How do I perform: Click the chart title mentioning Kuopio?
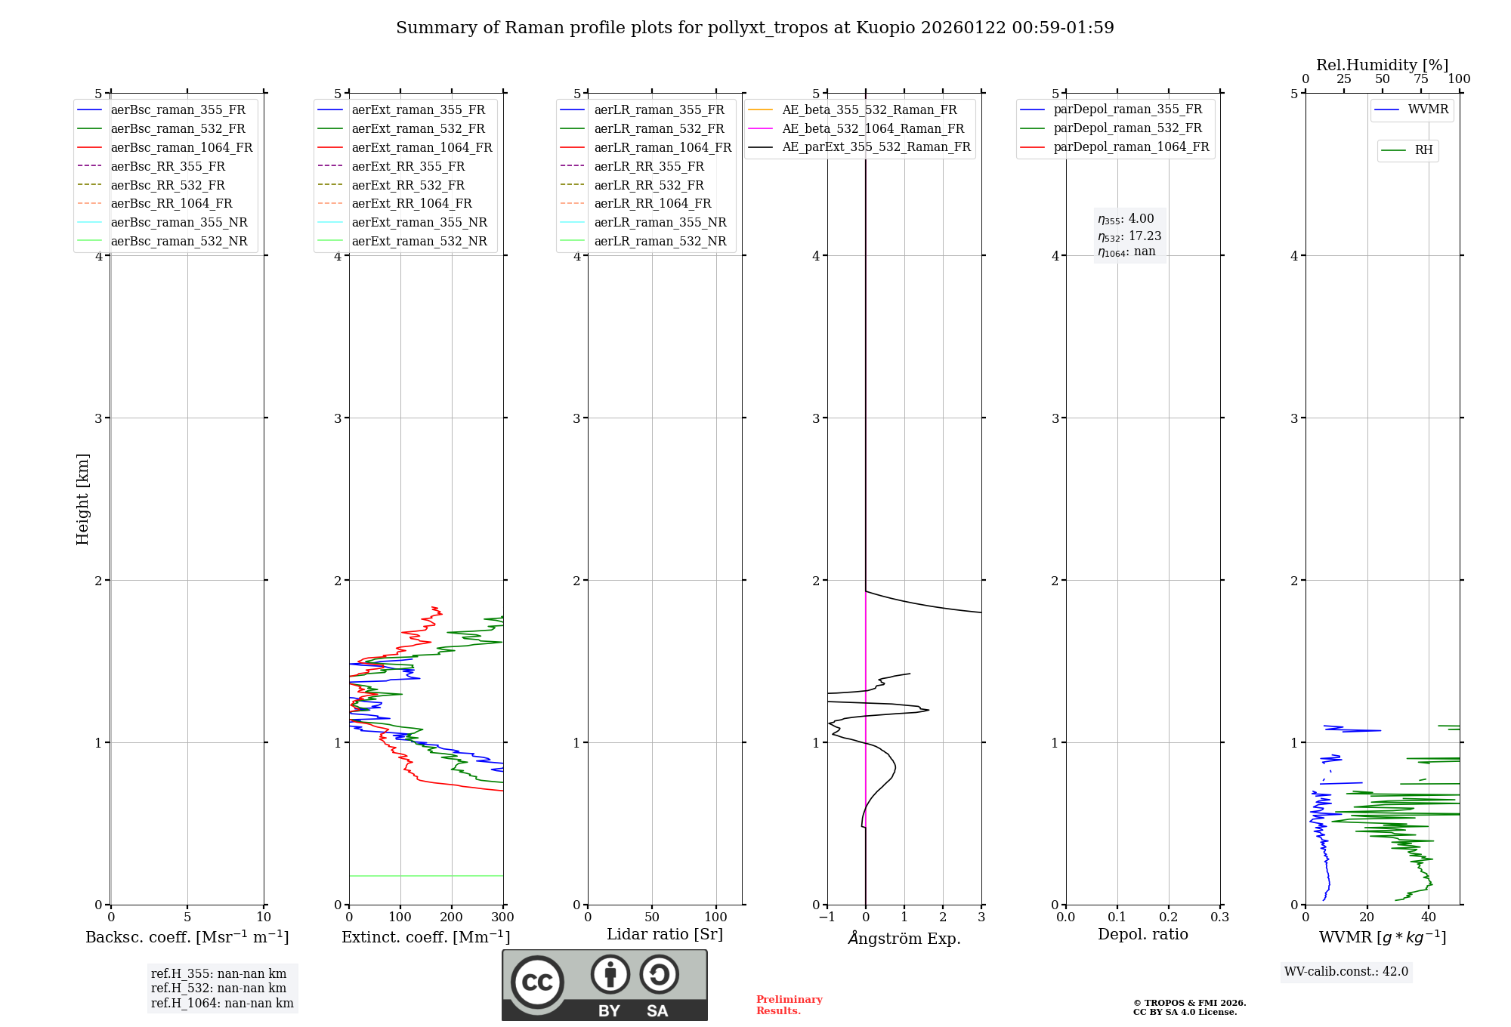(x=755, y=28)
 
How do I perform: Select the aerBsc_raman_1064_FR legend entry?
(x=181, y=147)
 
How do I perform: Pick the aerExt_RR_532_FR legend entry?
(x=408, y=185)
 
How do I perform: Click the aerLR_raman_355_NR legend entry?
(x=660, y=222)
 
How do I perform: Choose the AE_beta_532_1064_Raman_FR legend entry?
(x=873, y=128)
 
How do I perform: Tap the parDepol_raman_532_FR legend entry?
(x=1127, y=128)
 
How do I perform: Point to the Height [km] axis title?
(x=82, y=498)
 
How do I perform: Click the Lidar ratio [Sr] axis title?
(x=665, y=934)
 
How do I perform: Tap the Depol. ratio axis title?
(x=1142, y=934)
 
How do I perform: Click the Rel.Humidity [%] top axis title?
(x=1382, y=65)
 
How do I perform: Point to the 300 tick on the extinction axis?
(x=502, y=918)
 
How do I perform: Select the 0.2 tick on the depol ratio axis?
(x=1168, y=918)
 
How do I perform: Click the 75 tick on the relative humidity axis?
(x=1420, y=79)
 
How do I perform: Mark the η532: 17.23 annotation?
(x=1129, y=236)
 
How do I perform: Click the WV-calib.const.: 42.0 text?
(x=1346, y=971)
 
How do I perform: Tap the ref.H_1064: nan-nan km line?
(x=222, y=1003)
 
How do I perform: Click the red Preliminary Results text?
(x=789, y=1005)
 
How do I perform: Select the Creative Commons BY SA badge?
(x=604, y=985)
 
